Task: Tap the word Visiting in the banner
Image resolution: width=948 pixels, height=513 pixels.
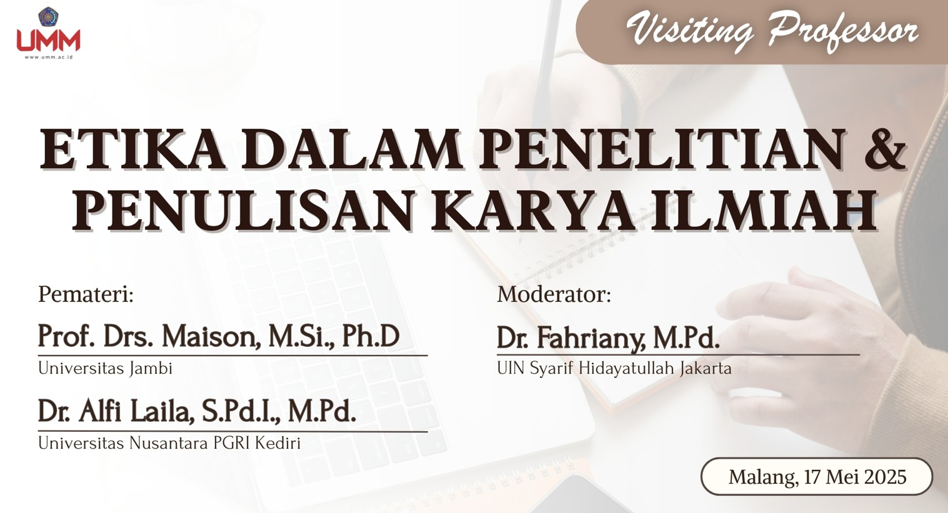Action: tap(691, 29)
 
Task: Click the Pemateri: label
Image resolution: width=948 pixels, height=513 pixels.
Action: tap(86, 294)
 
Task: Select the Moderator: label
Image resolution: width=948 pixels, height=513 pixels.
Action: tap(554, 294)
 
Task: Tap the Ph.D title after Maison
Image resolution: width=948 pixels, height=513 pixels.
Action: tap(371, 336)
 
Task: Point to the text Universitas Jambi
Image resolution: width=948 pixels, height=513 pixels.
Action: tap(106, 368)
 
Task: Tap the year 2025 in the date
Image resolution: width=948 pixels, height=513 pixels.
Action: tap(886, 477)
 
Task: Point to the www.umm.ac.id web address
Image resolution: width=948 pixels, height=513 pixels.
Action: tap(49, 57)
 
